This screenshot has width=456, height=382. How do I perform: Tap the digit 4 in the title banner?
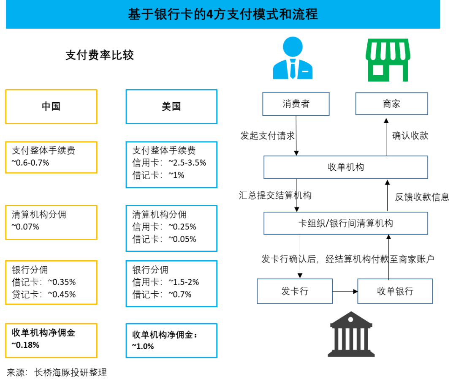click(x=209, y=14)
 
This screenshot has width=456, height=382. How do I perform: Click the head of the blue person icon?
click(x=293, y=46)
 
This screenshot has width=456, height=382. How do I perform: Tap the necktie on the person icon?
click(x=293, y=70)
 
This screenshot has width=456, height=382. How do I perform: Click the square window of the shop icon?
click(x=378, y=70)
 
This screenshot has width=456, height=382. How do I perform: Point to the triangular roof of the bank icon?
click(x=351, y=317)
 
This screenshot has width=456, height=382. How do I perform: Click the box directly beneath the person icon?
click(x=296, y=104)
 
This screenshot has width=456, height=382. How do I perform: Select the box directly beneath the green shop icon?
click(x=391, y=104)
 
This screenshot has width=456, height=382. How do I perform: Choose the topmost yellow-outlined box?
click(x=51, y=106)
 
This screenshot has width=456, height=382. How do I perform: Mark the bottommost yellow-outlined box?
click(x=51, y=341)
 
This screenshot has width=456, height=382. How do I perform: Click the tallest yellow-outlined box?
click(x=51, y=282)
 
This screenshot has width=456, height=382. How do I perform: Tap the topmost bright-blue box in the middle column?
click(x=171, y=106)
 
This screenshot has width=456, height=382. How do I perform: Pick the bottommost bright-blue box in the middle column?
click(x=171, y=341)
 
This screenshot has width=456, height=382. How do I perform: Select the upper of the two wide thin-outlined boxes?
click(x=346, y=167)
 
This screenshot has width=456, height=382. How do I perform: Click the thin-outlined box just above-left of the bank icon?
click(x=295, y=291)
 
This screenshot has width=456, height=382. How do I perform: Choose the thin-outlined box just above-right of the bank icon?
click(x=395, y=291)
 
